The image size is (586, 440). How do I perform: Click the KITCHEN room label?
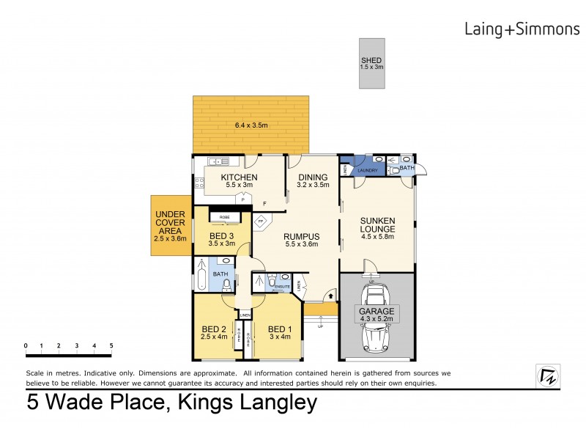tap(239, 177)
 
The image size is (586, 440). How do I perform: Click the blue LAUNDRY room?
tap(367, 170)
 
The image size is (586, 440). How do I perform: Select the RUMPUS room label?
tap(303, 236)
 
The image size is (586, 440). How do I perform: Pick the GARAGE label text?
tap(376, 311)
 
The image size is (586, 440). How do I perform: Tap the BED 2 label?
tap(213, 329)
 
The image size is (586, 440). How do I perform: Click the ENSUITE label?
tap(283, 286)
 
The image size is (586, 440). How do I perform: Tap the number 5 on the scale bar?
tap(111, 345)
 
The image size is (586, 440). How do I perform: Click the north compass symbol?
tap(545, 375)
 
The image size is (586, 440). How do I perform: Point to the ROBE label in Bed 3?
tap(220, 217)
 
